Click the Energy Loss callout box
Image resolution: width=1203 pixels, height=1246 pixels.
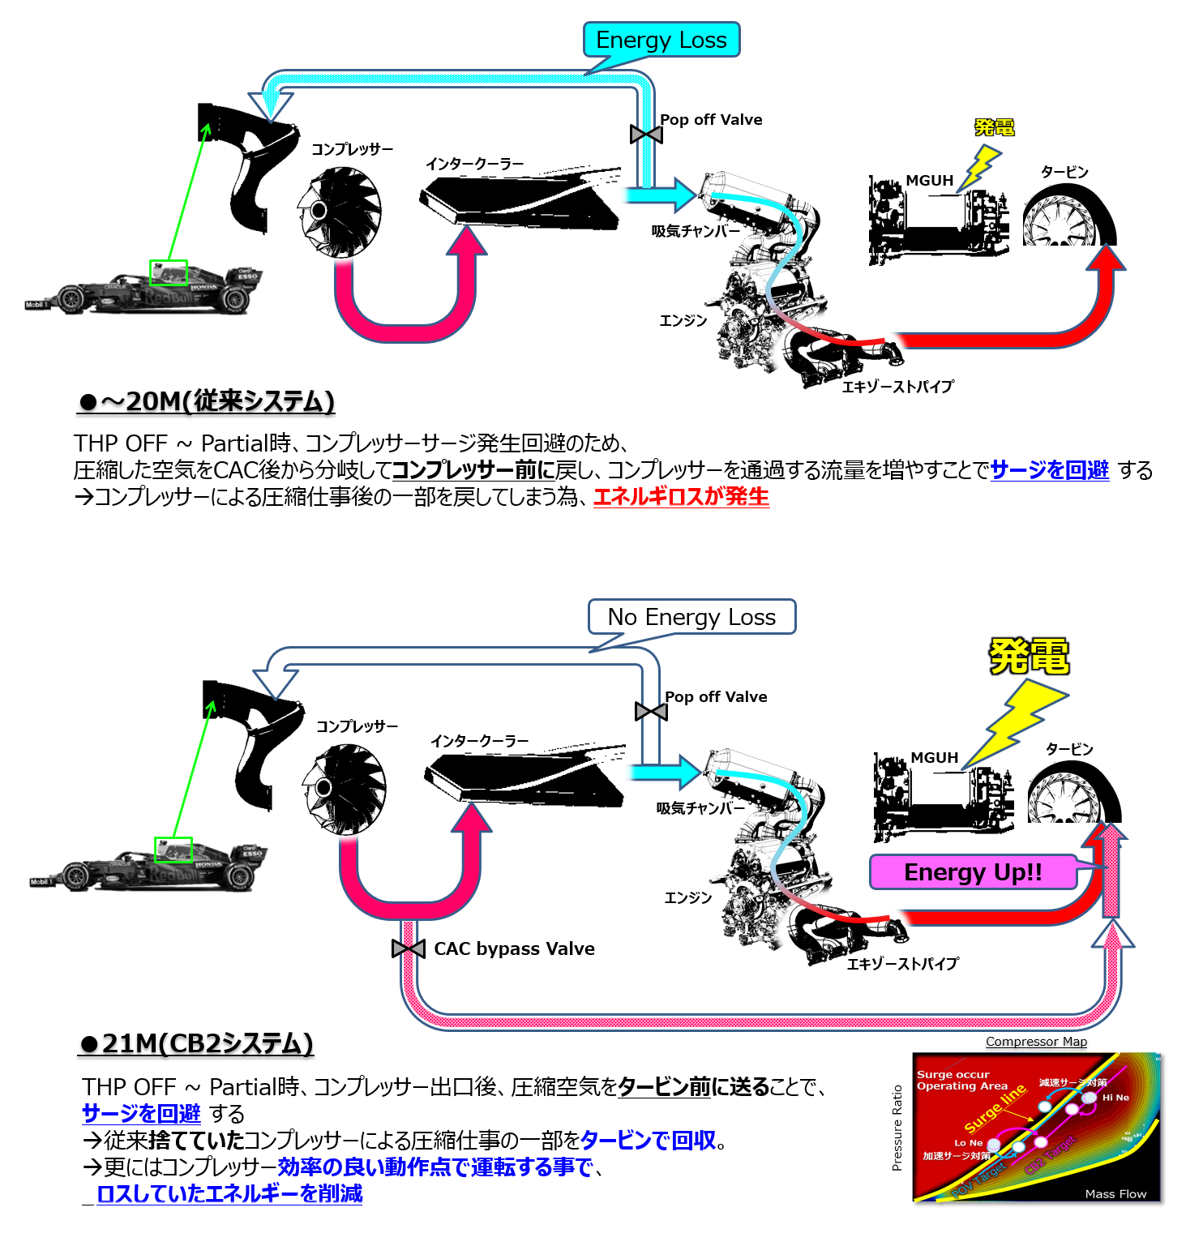[661, 40]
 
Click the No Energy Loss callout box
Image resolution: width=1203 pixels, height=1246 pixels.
[691, 617]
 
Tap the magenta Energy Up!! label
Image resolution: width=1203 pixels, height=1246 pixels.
[973, 872]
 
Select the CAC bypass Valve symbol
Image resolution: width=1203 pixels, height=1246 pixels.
[409, 948]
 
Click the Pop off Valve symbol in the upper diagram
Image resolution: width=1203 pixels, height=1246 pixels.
[646, 134]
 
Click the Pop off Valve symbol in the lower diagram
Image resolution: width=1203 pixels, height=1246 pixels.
[651, 712]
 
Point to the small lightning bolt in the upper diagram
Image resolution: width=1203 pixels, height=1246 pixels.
[981, 166]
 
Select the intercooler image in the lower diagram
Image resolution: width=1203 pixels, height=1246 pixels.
[523, 778]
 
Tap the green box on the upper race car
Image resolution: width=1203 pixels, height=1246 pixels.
[169, 272]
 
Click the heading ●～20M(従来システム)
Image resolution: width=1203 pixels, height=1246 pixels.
[207, 401]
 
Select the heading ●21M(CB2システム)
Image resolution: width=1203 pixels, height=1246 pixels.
[196, 1043]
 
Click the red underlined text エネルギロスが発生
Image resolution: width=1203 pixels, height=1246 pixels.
[681, 496]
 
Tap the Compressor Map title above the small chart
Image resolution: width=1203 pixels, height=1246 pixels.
[1036, 1042]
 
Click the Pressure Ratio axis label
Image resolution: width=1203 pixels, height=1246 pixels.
[897, 1128]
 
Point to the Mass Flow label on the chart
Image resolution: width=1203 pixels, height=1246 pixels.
[1115, 1193]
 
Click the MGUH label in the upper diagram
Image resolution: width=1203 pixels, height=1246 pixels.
[929, 181]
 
